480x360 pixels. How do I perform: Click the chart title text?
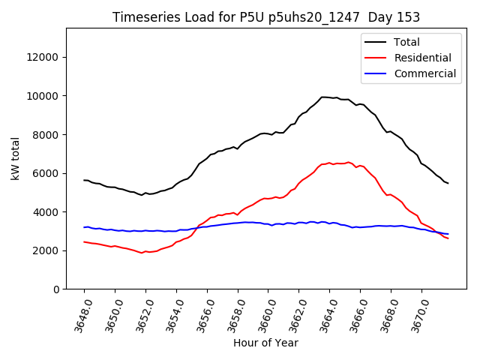(x=266, y=17)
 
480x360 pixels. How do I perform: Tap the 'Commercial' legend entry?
(x=424, y=73)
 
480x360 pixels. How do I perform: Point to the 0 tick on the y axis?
(x=55, y=289)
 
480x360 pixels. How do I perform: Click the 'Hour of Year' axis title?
(x=265, y=343)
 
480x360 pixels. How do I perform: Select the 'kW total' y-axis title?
(x=16, y=158)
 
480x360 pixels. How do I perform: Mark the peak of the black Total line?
(x=324, y=97)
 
